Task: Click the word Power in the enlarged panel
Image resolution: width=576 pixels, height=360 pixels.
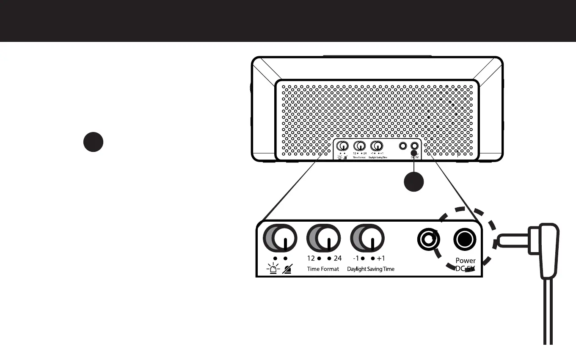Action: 466,261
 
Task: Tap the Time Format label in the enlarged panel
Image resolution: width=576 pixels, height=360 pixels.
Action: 323,269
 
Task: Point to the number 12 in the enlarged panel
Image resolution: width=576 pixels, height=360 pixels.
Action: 311,258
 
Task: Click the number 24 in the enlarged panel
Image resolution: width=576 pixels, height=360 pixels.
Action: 337,258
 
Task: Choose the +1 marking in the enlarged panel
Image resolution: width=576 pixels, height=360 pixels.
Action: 381,258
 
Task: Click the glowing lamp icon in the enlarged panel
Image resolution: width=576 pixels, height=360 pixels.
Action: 275,269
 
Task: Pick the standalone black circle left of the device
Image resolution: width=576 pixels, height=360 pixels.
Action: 93,142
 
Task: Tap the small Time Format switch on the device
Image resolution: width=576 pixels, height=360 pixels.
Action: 360,146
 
